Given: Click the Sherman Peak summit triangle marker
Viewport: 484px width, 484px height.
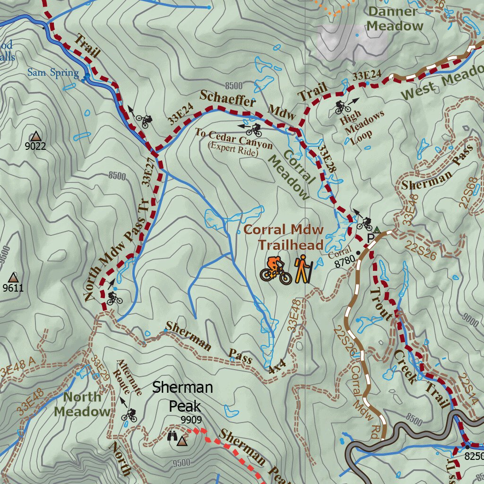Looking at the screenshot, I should [x=182, y=441].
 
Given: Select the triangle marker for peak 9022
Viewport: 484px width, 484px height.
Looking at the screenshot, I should [x=35, y=136].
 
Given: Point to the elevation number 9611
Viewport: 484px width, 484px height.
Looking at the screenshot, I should [x=13, y=288].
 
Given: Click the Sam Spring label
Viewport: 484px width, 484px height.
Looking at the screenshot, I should [x=52, y=73].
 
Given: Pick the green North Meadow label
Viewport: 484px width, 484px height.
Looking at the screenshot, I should [x=82, y=404].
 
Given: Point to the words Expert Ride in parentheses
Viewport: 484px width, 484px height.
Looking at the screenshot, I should [x=233, y=153].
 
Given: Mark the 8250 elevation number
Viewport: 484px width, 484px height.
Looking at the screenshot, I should [x=474, y=457].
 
